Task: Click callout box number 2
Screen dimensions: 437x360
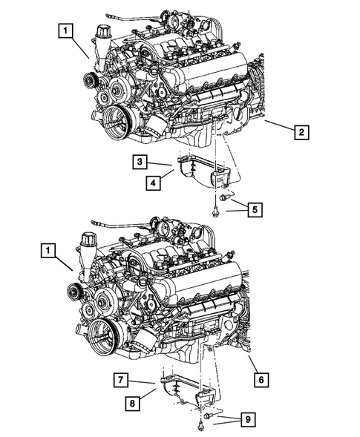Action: point(301,134)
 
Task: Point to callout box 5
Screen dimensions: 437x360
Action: point(254,210)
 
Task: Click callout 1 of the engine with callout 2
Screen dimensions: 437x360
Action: point(67,31)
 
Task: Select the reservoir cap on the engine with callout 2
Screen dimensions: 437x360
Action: point(102,33)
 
